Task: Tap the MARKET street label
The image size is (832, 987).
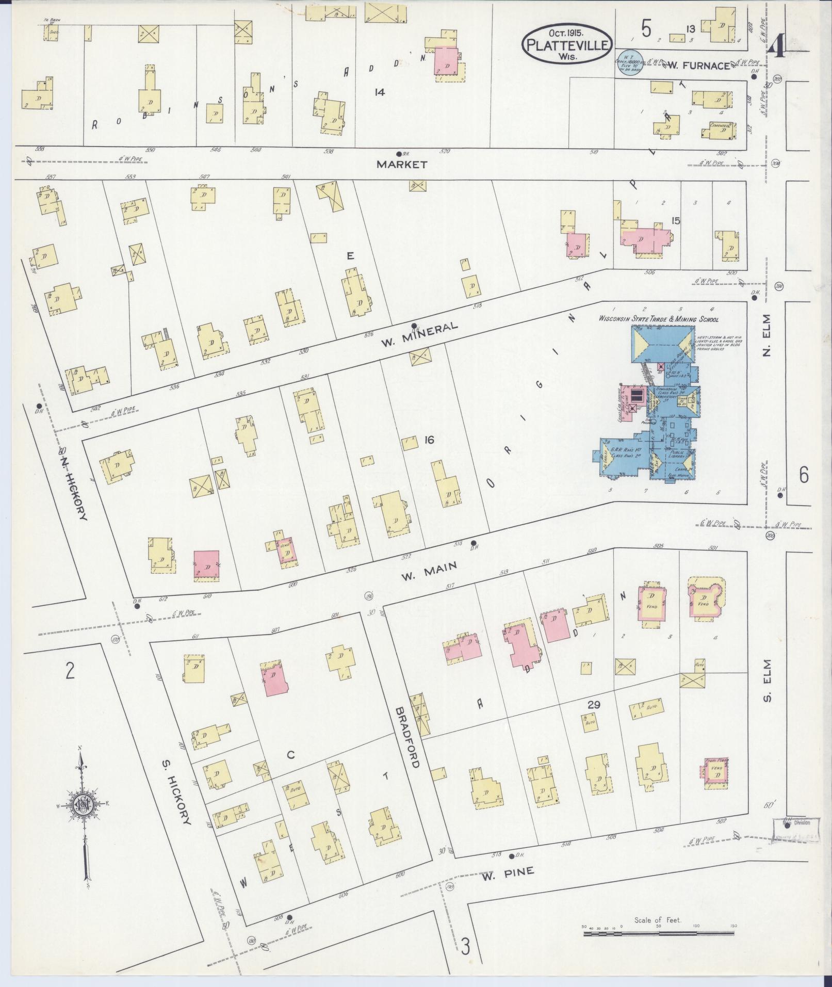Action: [402, 165]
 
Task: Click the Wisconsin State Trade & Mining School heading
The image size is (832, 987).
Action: [658, 319]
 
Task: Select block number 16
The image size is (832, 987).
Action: [429, 440]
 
